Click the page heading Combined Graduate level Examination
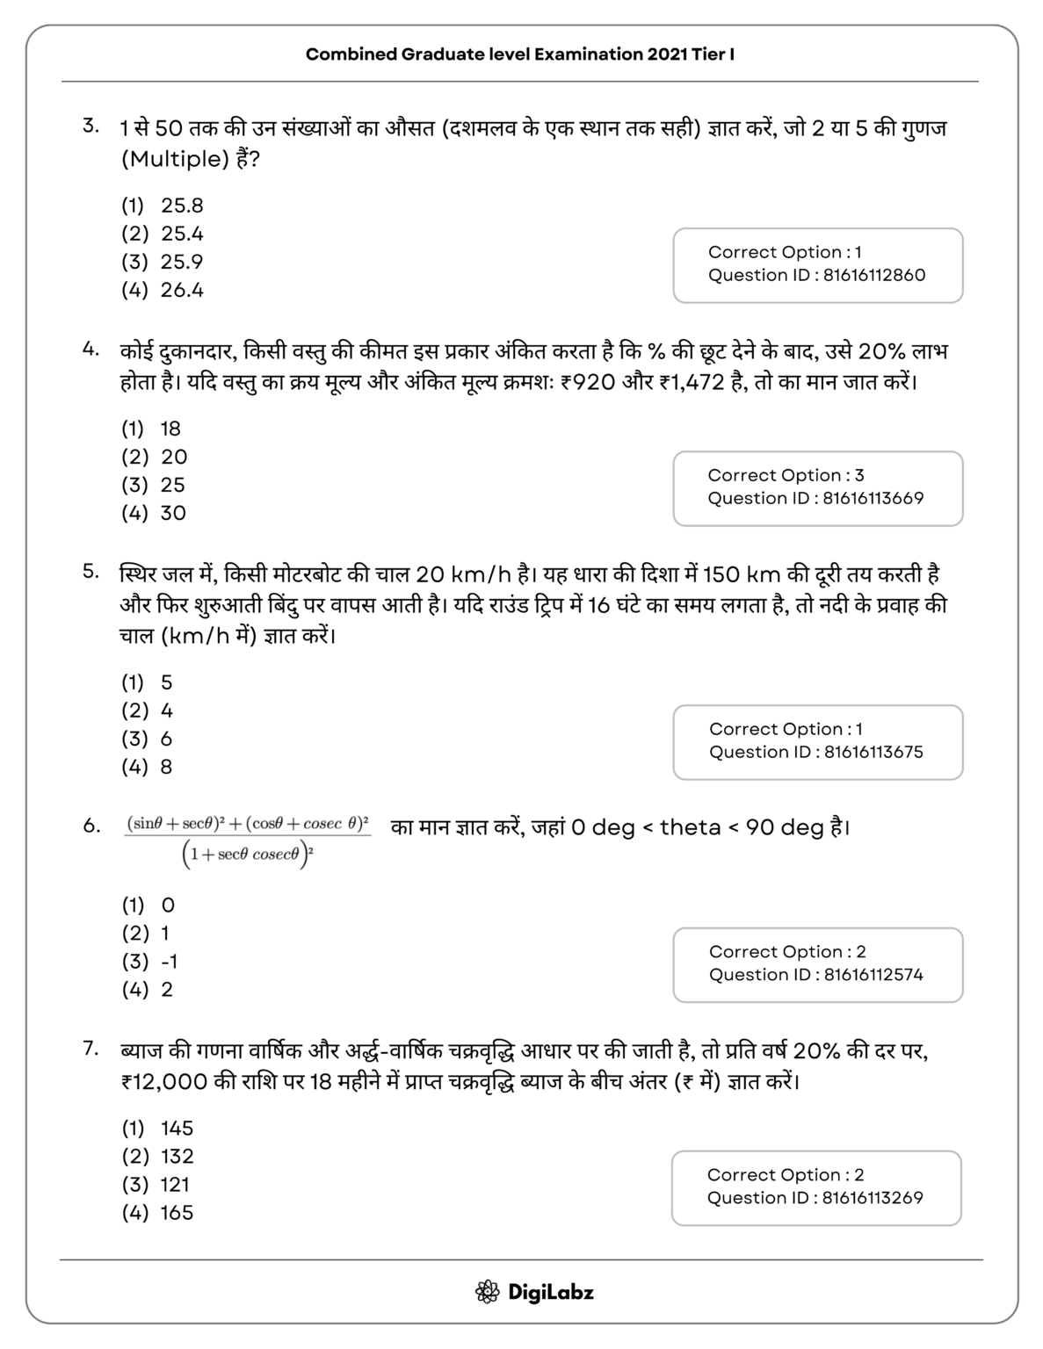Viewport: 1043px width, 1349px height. click(520, 54)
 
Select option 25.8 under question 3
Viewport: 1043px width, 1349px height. click(181, 206)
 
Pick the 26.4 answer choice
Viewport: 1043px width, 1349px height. click(181, 290)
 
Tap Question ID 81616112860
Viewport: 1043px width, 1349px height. click(816, 275)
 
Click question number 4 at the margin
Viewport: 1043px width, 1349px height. click(91, 349)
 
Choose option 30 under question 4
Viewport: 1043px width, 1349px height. click(172, 513)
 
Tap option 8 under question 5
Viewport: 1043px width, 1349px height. click(166, 767)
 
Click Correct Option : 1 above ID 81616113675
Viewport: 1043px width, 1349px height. click(786, 729)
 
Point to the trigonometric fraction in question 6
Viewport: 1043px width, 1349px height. click(249, 840)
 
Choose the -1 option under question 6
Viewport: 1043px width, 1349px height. click(169, 961)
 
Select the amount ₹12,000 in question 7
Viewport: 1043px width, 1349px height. click(164, 1081)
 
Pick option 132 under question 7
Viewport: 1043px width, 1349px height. click(177, 1156)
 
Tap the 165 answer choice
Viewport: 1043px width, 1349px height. click(177, 1212)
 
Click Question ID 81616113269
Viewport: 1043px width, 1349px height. click(815, 1197)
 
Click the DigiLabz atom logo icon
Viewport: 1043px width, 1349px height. click(487, 1292)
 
